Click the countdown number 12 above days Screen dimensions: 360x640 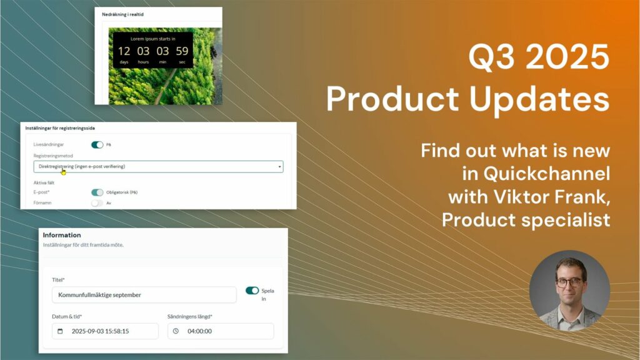pos(124,51)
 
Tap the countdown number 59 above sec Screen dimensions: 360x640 pos(182,51)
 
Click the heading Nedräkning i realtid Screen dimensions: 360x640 pos(123,14)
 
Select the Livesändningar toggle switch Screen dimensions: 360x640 pos(97,144)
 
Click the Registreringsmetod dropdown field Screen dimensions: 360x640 pos(158,167)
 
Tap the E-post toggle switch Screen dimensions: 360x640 pos(97,192)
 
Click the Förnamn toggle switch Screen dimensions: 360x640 pos(97,203)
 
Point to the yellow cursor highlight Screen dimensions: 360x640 pos(63,171)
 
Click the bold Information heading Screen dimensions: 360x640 pos(62,235)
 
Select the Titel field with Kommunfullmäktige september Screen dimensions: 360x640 pos(144,294)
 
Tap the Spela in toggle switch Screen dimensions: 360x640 pos(252,291)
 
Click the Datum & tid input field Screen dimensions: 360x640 pos(105,331)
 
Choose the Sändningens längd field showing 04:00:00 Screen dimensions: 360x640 pos(221,331)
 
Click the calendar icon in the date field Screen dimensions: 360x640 pos(61,331)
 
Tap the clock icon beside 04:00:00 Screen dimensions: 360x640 pos(176,331)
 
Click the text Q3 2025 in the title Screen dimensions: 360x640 pos(539,59)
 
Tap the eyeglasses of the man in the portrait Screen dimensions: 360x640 pos(569,282)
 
